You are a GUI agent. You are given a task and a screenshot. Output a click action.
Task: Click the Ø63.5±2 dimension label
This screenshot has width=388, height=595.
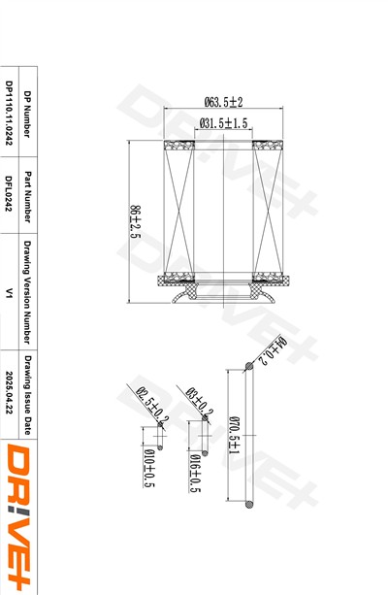click(223, 102)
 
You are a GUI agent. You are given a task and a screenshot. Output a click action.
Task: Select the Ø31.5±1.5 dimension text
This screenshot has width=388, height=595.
click(223, 123)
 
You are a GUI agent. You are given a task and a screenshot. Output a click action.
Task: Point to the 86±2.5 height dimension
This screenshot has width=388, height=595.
click(136, 221)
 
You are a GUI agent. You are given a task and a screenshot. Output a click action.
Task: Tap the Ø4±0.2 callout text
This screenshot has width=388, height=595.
click(272, 350)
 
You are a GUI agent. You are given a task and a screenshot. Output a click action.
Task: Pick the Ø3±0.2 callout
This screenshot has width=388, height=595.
click(200, 402)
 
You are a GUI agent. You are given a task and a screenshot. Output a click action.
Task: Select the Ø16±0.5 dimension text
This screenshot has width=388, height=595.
click(195, 474)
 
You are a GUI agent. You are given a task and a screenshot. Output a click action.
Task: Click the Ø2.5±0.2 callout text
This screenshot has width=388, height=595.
click(152, 406)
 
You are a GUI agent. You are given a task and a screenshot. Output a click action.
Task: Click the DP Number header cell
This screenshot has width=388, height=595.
click(27, 114)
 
